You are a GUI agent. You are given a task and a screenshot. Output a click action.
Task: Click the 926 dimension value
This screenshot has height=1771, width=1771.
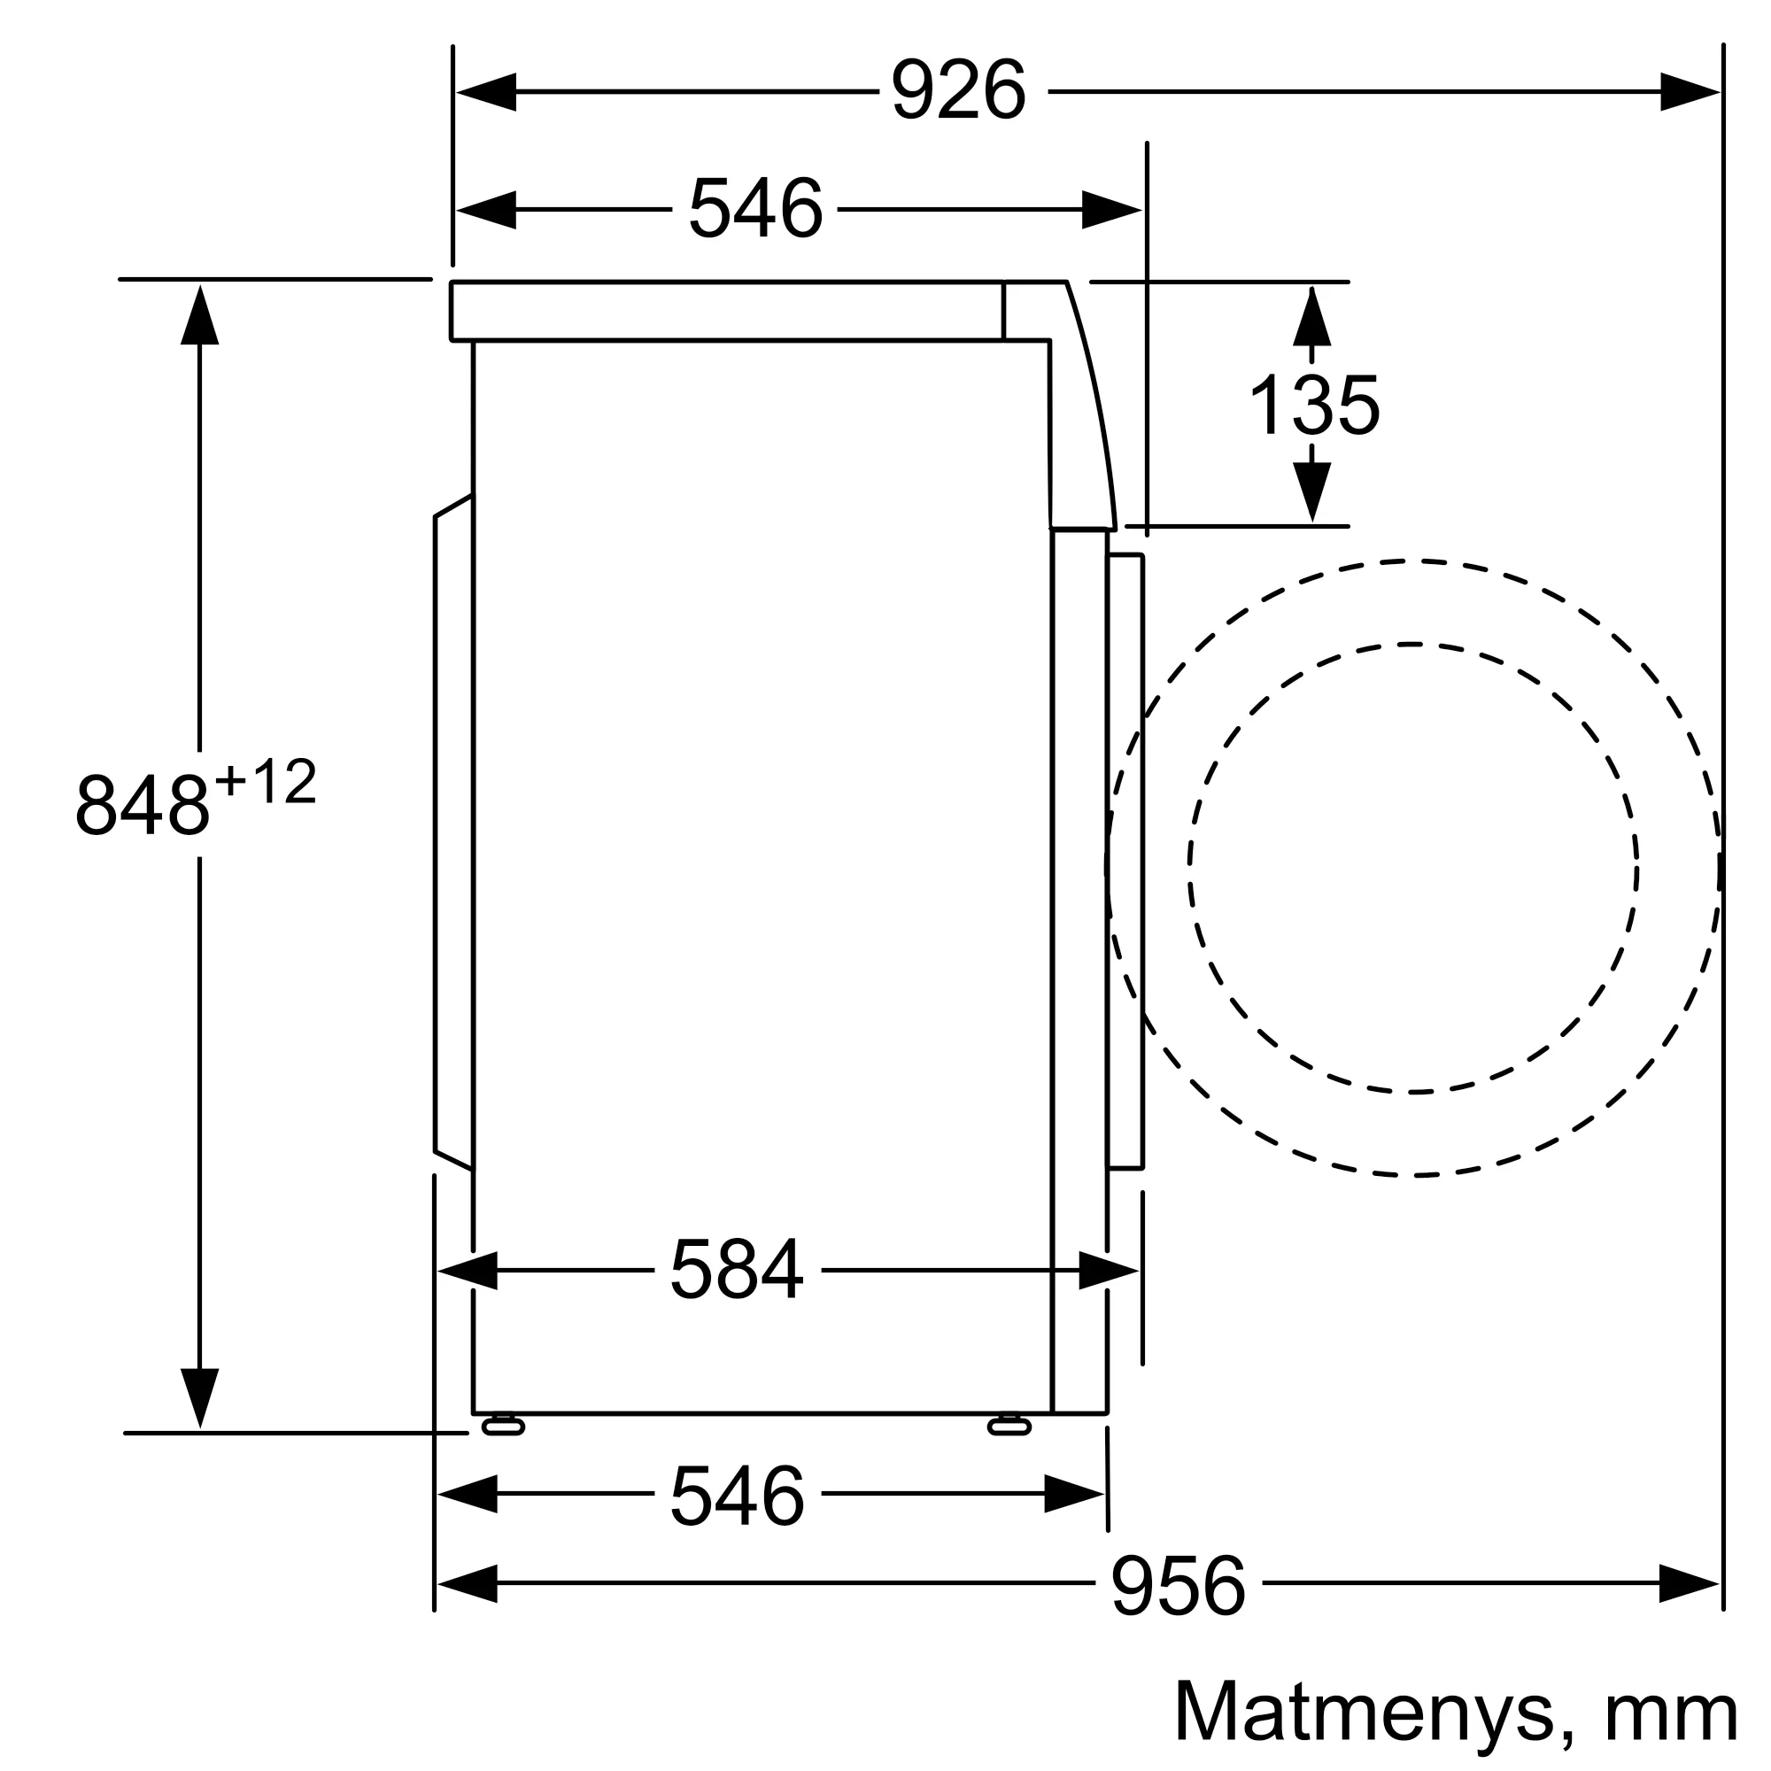[x=958, y=89]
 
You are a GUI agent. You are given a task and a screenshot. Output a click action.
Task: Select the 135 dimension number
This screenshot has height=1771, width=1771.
[x=1314, y=405]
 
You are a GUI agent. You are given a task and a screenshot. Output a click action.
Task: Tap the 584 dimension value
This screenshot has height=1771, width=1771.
[x=737, y=1270]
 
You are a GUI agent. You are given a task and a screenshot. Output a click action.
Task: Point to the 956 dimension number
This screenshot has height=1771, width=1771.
[x=1179, y=1584]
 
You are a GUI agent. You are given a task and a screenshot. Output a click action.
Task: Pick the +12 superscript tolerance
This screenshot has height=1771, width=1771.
[x=266, y=782]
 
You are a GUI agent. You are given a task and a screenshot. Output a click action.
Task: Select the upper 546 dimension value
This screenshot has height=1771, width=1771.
[x=755, y=209]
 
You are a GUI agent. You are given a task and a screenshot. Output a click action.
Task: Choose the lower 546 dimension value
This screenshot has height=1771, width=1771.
[x=737, y=1494]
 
